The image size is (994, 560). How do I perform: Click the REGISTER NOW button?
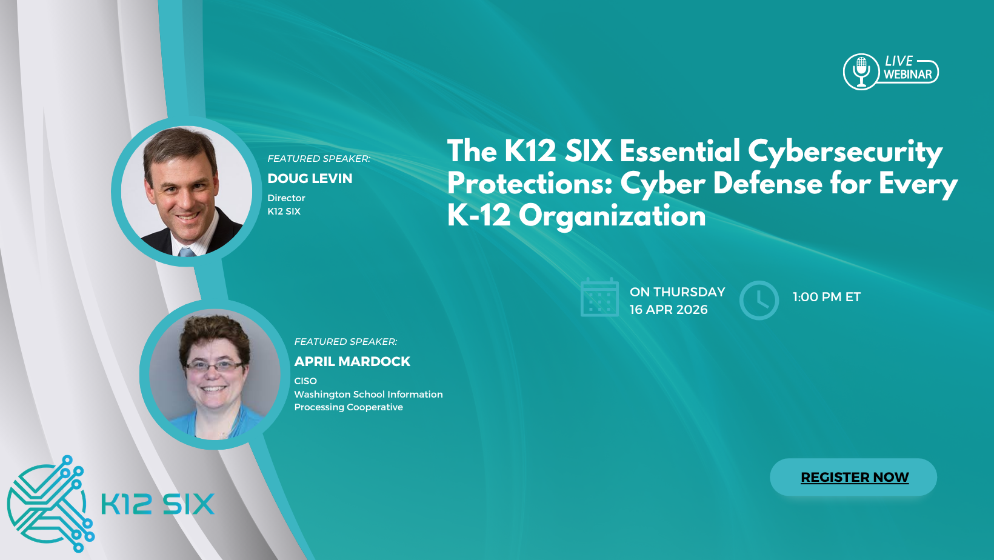click(x=853, y=478)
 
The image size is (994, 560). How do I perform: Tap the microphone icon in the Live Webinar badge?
click(x=861, y=72)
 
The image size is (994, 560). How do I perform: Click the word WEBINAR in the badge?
click(x=907, y=75)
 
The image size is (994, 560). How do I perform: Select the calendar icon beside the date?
click(x=599, y=298)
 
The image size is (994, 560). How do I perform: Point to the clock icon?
click(x=759, y=300)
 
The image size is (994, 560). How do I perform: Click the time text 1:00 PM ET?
click(x=826, y=297)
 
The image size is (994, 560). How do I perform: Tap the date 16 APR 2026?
click(x=669, y=310)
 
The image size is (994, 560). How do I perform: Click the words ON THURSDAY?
click(x=677, y=292)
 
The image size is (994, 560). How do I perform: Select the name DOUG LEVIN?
click(x=310, y=179)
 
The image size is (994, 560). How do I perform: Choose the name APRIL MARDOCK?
click(x=352, y=362)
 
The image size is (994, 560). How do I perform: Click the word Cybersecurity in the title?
click(x=845, y=152)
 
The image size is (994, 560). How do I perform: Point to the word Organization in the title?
click(x=612, y=216)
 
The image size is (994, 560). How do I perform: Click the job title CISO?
click(x=305, y=381)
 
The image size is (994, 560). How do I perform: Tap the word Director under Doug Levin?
click(x=286, y=198)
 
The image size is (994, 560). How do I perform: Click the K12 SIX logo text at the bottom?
click(x=158, y=504)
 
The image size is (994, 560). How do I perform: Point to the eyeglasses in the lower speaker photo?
click(x=213, y=365)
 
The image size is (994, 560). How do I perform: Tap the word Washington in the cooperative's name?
click(x=322, y=395)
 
